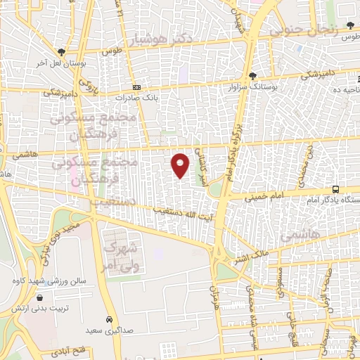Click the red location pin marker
pyautogui.click(x=181, y=165)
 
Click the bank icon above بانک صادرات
pyautogui.click(x=136, y=87)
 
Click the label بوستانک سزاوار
pyautogui.click(x=253, y=86)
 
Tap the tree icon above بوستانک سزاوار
pyautogui.click(x=253, y=76)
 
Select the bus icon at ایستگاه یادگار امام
pyautogui.click(x=336, y=189)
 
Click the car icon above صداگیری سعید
pyautogui.click(x=108, y=318)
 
